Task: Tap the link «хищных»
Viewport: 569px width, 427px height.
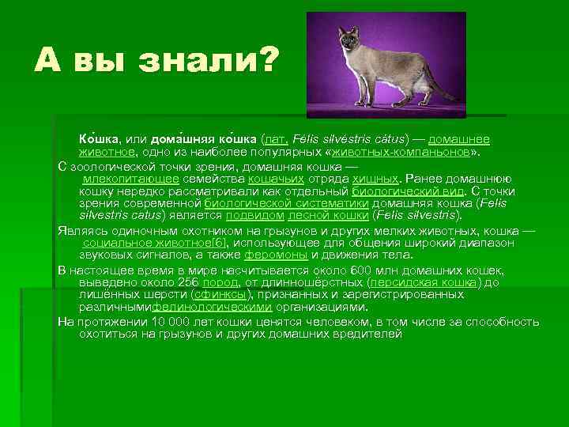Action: (376, 179)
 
